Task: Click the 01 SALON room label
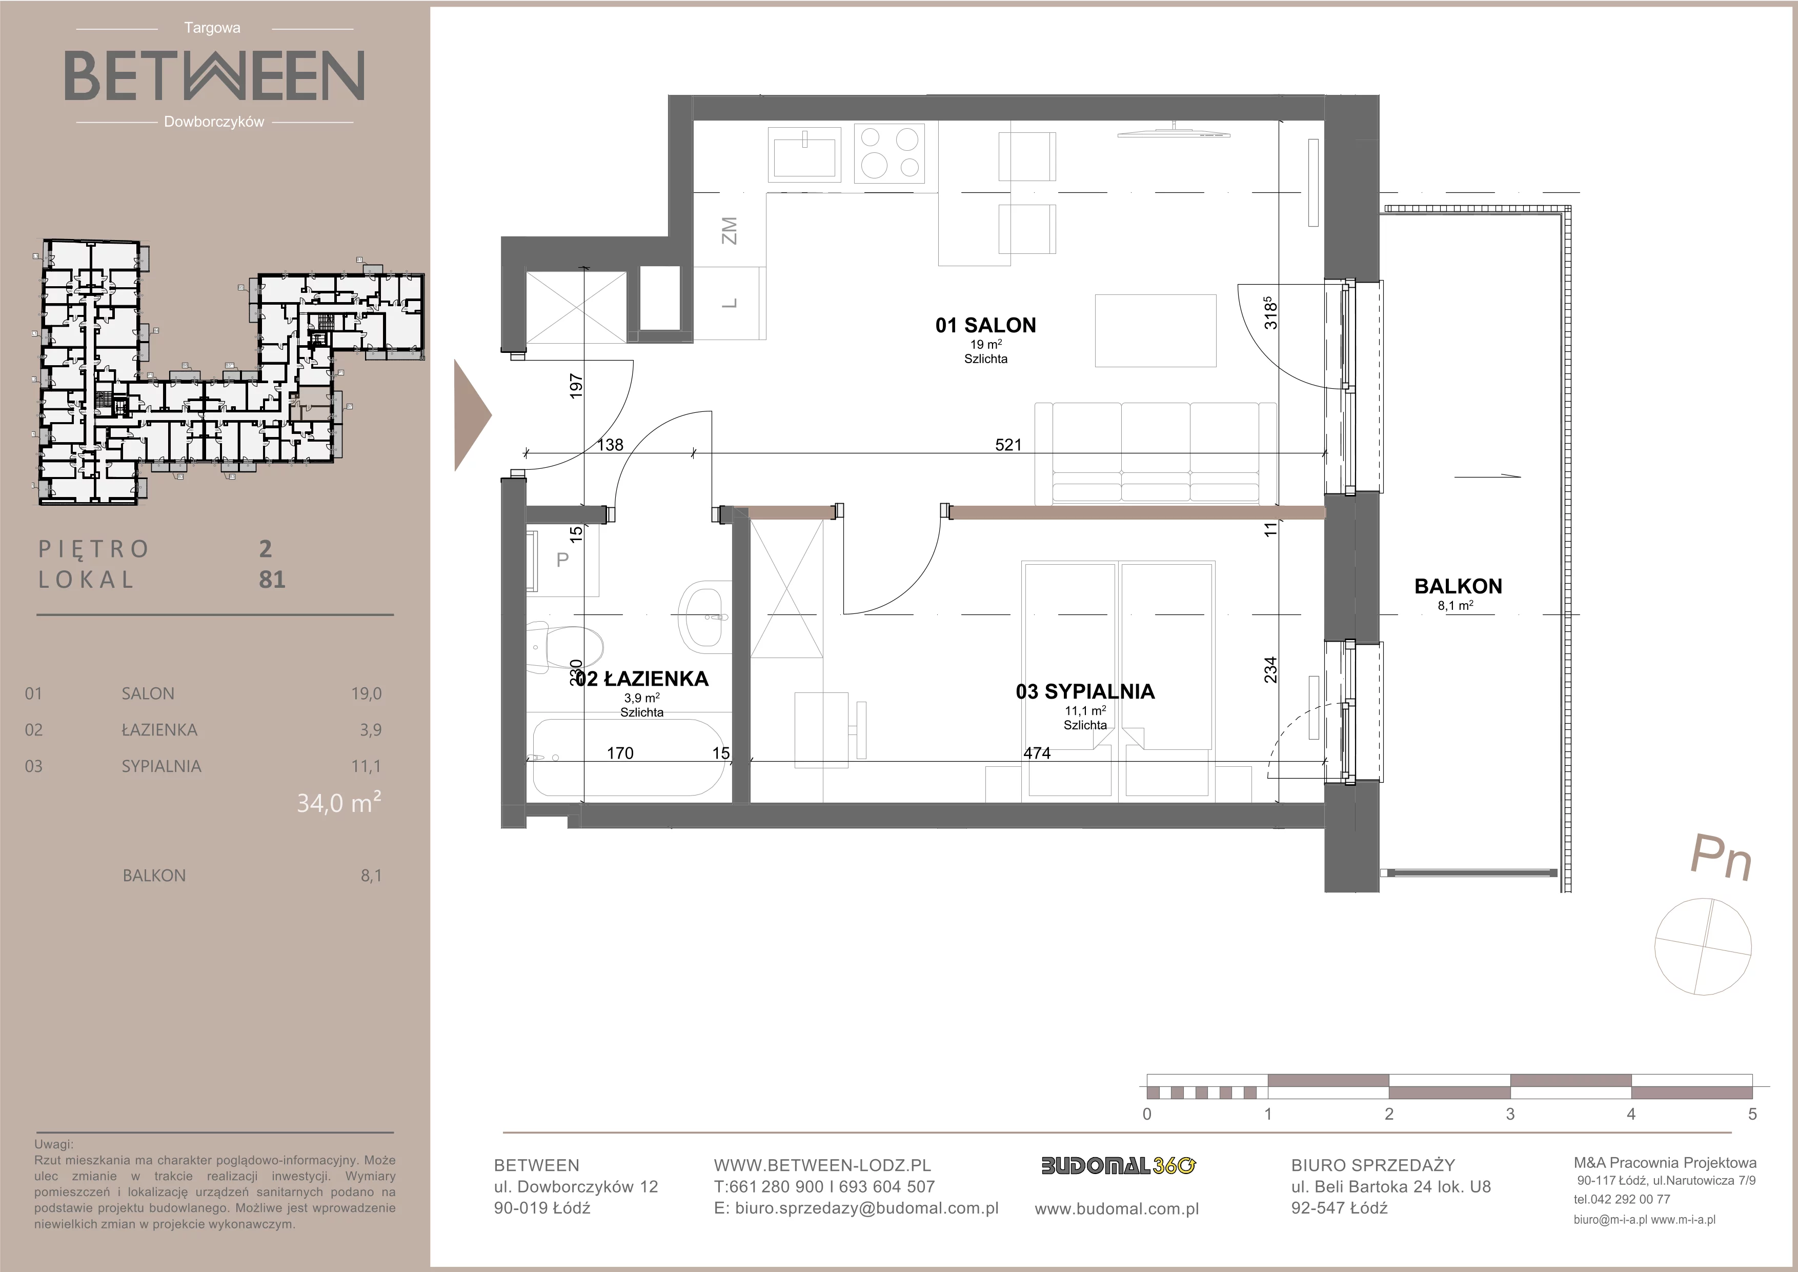[985, 325]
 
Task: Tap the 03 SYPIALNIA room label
[1085, 691]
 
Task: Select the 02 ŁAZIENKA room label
[642, 679]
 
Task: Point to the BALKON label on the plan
[1458, 586]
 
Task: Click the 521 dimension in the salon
[1008, 445]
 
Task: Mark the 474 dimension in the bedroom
[1037, 753]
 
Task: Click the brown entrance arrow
[472, 416]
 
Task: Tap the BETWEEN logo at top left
[214, 75]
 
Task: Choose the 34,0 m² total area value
[339, 803]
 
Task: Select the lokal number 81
[272, 580]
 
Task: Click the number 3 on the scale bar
[1510, 1114]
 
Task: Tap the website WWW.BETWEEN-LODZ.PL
[822, 1165]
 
